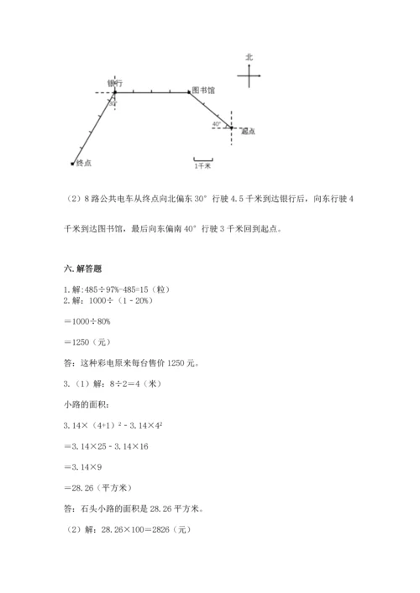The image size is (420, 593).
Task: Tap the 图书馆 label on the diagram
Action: (x=203, y=89)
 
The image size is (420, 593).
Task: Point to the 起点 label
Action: (x=248, y=132)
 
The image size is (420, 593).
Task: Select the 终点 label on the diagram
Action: (x=83, y=162)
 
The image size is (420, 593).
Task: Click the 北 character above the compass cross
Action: (x=249, y=57)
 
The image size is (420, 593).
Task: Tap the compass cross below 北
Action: (x=249, y=76)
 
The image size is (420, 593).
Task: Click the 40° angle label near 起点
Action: (x=217, y=124)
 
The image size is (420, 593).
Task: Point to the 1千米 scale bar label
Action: (x=202, y=167)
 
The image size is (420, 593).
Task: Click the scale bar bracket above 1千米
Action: (x=202, y=159)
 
